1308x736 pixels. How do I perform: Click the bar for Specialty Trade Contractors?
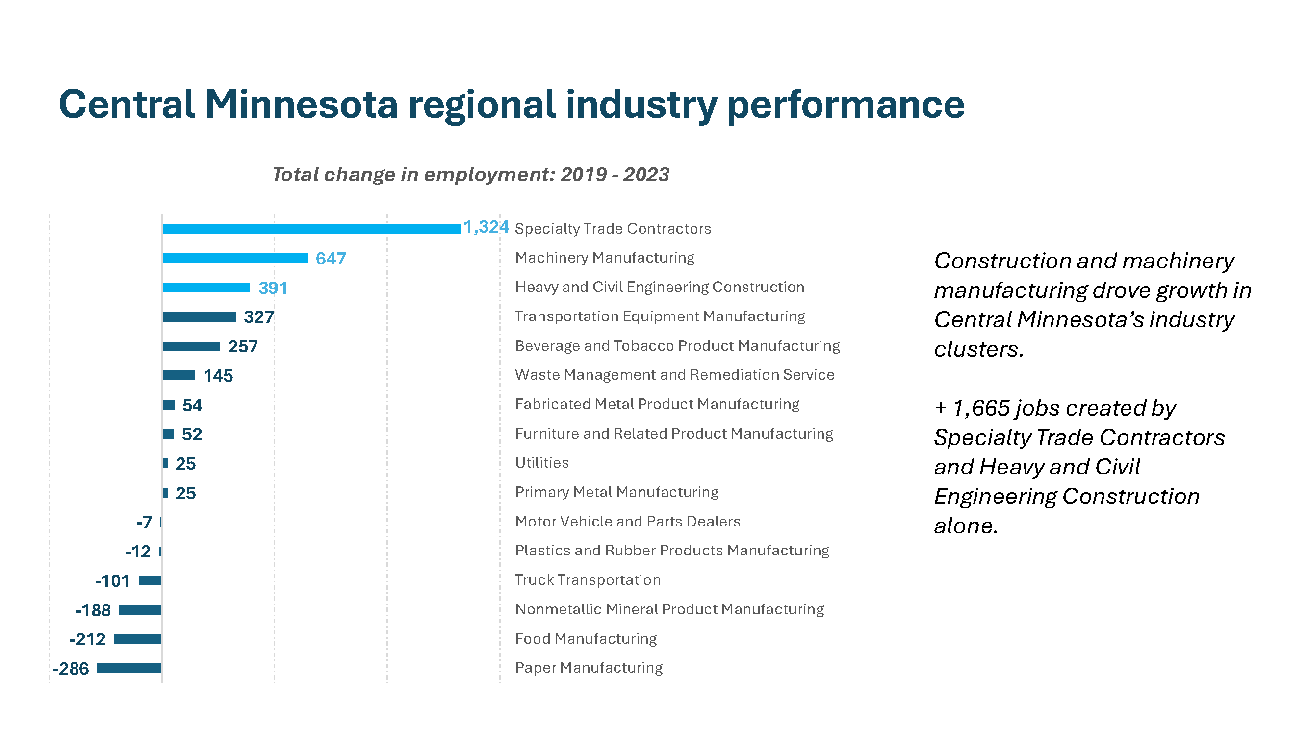(x=311, y=229)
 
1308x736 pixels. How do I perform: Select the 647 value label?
(x=331, y=259)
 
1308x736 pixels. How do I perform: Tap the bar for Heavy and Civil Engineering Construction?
(x=206, y=288)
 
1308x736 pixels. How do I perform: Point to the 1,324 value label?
(x=486, y=227)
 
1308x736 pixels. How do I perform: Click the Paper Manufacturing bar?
(x=129, y=668)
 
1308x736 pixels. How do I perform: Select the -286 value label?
(x=71, y=668)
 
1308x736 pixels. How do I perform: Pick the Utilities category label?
(x=542, y=463)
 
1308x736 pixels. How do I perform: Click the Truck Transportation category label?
(x=588, y=580)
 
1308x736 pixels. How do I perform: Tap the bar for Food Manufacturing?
(x=137, y=639)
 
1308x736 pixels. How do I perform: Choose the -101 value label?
(x=112, y=580)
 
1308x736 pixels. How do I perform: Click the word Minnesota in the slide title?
(x=301, y=104)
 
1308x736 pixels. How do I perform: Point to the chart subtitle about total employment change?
(x=470, y=174)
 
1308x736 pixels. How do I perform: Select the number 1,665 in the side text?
(x=980, y=408)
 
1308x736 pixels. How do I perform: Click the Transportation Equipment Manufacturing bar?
(x=199, y=317)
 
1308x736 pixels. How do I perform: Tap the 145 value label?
(x=218, y=376)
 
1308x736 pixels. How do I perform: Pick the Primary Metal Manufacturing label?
(x=616, y=492)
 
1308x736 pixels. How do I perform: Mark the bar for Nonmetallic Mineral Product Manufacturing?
(x=140, y=609)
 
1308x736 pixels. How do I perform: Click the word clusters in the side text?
(x=978, y=349)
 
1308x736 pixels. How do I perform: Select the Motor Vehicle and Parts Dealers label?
(x=628, y=522)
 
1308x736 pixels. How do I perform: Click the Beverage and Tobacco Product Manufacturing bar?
(x=191, y=346)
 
